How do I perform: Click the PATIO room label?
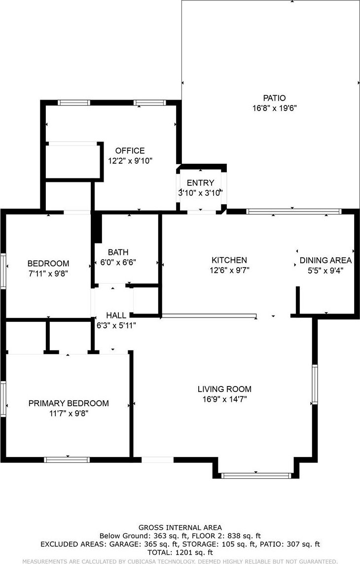[274, 98]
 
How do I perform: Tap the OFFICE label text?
[130, 151]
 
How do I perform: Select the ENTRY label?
[200, 183]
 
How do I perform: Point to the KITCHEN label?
[229, 260]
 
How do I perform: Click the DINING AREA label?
[325, 260]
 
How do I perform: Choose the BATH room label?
[118, 252]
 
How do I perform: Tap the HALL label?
[116, 316]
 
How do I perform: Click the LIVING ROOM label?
[224, 389]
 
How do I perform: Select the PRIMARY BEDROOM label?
[69, 403]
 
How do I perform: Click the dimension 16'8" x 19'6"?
[274, 108]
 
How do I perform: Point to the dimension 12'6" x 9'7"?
[229, 270]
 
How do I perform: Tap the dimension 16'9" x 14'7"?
[224, 399]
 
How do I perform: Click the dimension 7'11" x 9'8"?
[48, 273]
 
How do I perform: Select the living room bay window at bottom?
[256, 476]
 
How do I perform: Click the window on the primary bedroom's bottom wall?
[67, 459]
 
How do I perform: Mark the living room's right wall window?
[315, 384]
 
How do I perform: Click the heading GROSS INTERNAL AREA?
[180, 528]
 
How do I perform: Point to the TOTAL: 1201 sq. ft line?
[180, 552]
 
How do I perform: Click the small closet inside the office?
[73, 161]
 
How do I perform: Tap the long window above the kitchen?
[293, 211]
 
